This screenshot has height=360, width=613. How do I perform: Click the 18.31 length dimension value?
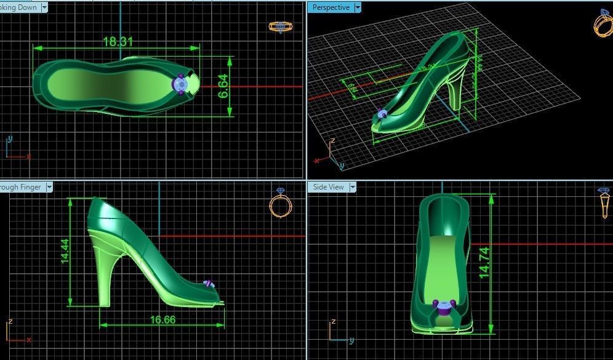[118, 42]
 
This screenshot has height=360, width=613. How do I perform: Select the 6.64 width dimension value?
[223, 87]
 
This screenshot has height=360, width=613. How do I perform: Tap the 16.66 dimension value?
[162, 319]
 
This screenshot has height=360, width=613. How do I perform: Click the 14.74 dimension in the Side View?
[484, 265]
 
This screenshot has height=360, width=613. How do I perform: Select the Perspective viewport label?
[331, 7]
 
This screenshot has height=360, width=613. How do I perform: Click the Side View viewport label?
[328, 187]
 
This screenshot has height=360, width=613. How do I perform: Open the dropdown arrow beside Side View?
[353, 187]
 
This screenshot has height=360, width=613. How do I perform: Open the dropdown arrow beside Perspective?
[357, 7]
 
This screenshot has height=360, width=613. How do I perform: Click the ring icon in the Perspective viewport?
[602, 22]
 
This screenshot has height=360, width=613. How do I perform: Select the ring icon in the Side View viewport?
[604, 203]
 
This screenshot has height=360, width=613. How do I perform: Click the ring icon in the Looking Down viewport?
[280, 26]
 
